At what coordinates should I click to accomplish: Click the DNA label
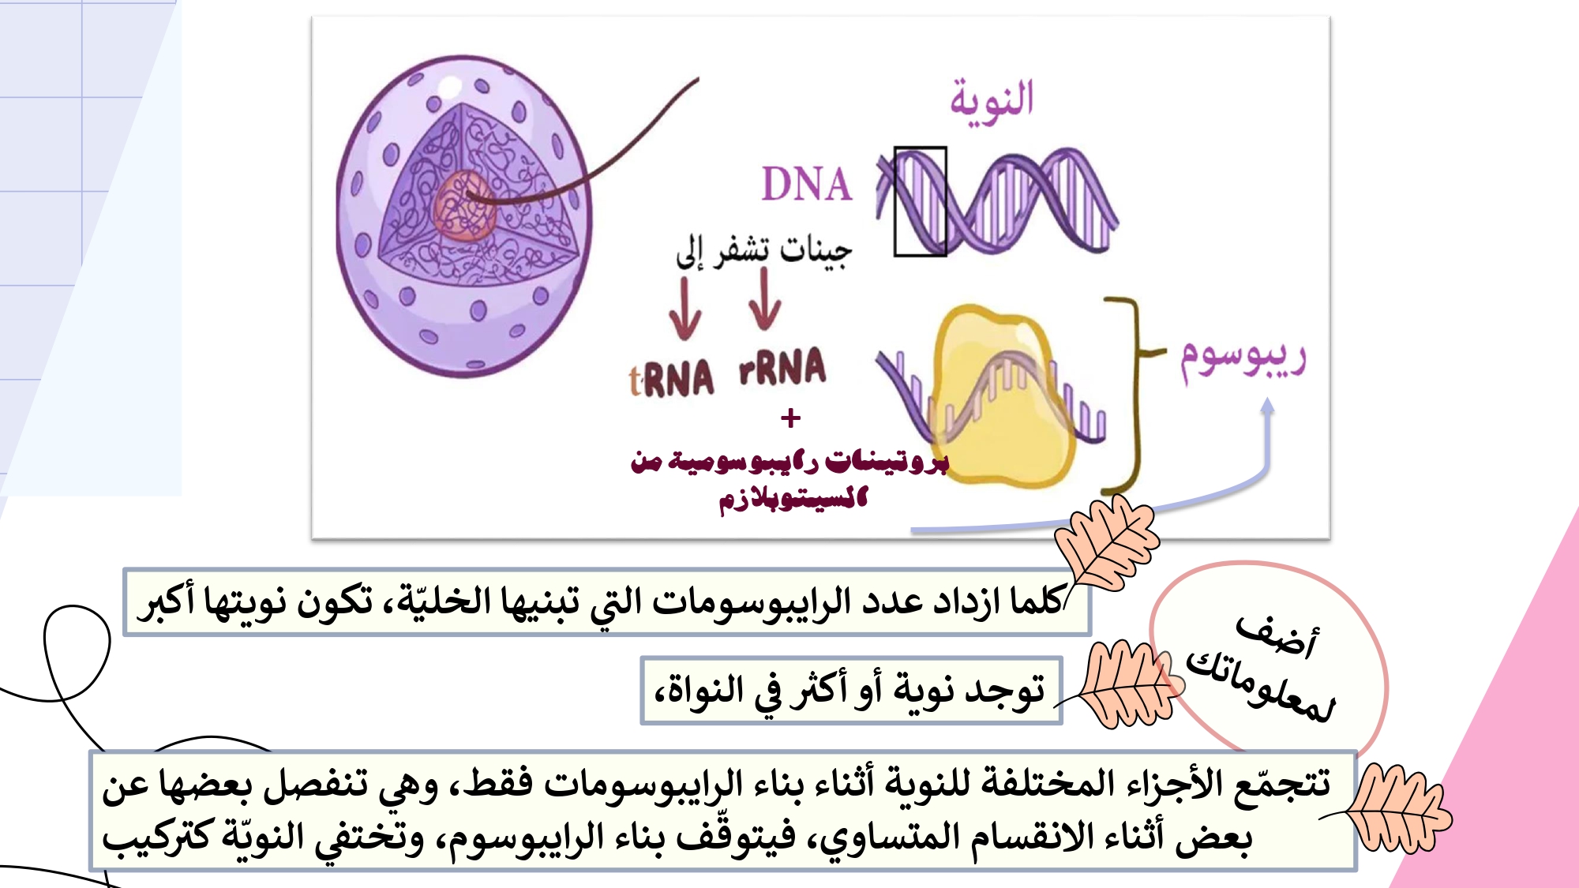(x=806, y=185)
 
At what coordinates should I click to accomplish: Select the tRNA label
(x=671, y=379)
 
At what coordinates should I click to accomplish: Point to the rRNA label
(x=782, y=367)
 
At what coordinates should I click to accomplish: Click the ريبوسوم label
(x=1243, y=360)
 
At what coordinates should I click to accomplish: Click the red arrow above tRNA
(x=684, y=309)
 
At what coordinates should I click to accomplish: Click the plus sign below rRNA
(x=790, y=418)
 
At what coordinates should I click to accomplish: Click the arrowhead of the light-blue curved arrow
(x=1267, y=406)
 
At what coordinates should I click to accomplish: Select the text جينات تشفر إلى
(x=763, y=251)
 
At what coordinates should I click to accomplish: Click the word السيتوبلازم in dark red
(x=793, y=500)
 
